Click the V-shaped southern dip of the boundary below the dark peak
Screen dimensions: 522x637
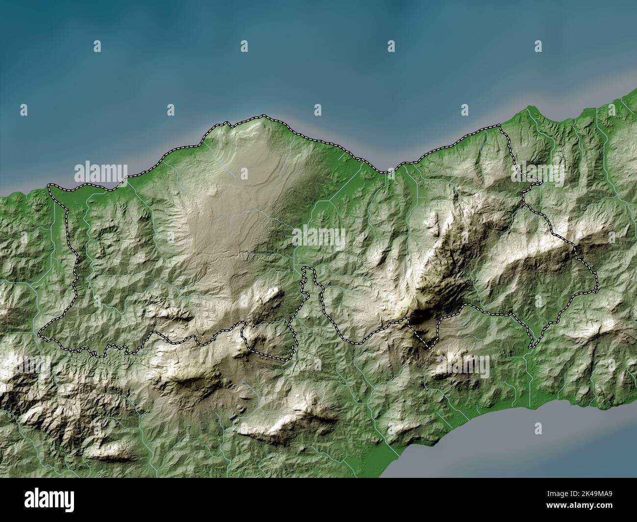pyautogui.click(x=428, y=347)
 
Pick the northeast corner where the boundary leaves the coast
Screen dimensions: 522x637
pyautogui.click(x=498, y=126)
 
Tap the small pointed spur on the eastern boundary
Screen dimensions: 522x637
pyautogui.click(x=539, y=183)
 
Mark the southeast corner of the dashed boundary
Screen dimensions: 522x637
pyautogui.click(x=530, y=348)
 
